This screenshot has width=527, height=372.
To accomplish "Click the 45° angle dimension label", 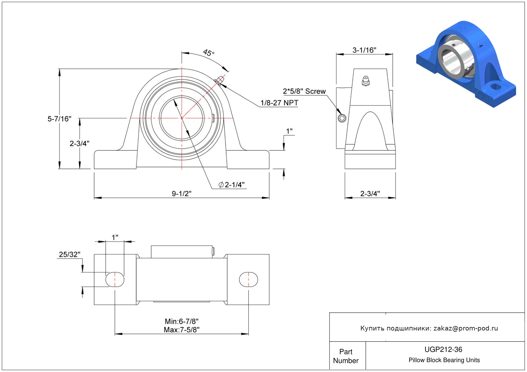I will pos(208,53).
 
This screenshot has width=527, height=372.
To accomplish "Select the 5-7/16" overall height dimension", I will pos(59,119).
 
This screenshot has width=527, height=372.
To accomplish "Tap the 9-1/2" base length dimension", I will pos(181,194).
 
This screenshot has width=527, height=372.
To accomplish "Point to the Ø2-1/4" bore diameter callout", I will pos(232,185).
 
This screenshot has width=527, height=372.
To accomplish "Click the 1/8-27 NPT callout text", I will pos(279,103).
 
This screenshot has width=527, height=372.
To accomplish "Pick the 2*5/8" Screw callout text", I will pos(304,91).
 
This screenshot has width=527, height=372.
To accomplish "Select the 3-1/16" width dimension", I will pos(364,50).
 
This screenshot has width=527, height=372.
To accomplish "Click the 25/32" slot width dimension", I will pos(69,254).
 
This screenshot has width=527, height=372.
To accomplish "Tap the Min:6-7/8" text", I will pos(181,321).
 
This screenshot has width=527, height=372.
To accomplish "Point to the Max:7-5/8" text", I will pos(181,330).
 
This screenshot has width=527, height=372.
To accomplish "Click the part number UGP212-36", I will pos(443,349).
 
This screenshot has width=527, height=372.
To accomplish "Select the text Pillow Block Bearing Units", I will pos(444,360).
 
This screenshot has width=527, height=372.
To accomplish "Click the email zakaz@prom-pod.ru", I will pos(466,328).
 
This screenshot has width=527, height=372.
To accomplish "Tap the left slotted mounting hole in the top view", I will pos(115,279).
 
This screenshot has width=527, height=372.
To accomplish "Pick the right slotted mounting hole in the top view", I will pos(249,279).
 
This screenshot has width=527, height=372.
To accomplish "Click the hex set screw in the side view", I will pos(342,118).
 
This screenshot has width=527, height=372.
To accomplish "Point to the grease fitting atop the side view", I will pos(366,80).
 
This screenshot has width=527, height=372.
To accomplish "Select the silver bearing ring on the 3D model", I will pos(452,61).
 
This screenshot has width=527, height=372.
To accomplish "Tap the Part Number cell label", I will pos(346,356).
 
